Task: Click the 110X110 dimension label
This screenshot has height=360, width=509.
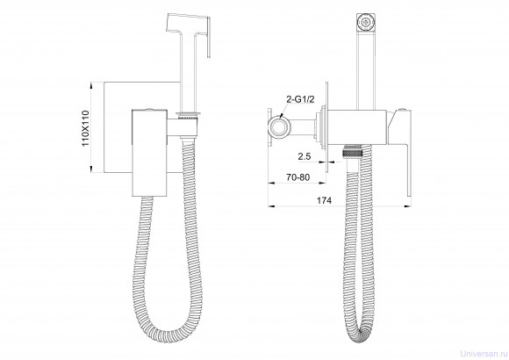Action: (x=85, y=128)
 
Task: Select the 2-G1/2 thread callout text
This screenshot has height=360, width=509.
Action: (x=300, y=99)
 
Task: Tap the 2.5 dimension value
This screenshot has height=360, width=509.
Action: (x=305, y=156)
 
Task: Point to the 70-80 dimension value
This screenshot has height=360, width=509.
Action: (x=298, y=177)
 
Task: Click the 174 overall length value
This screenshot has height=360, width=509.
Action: (x=324, y=200)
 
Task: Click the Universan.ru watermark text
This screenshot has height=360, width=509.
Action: (x=484, y=353)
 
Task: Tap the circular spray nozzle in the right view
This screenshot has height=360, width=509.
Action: (x=366, y=23)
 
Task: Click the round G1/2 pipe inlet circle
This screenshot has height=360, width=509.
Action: (x=278, y=126)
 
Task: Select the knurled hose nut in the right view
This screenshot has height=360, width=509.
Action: (x=353, y=153)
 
